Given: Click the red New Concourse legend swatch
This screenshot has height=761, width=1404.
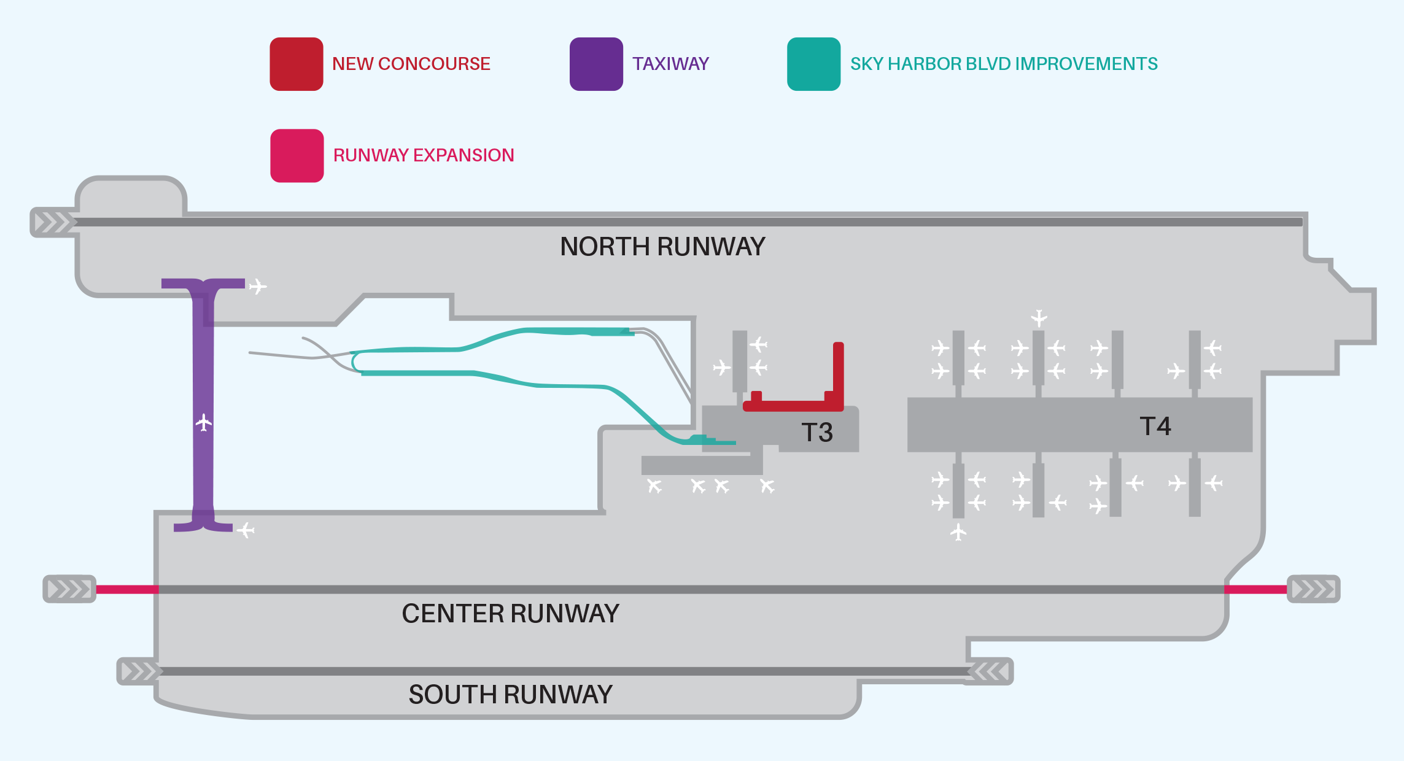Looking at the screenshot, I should [297, 64].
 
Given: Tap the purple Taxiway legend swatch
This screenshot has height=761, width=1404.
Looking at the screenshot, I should [596, 64].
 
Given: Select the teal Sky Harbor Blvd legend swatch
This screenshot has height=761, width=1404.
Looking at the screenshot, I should [813, 64].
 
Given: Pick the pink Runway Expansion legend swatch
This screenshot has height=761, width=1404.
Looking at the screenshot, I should [297, 156].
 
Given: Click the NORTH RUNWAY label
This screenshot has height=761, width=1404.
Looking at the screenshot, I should [662, 247].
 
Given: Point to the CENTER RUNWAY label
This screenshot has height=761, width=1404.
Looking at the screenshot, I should [510, 614].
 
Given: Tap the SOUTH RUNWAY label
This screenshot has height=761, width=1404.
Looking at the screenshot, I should [510, 695].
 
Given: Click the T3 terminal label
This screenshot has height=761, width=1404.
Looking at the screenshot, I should [816, 433].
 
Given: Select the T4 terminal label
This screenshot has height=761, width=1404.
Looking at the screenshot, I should [1155, 427].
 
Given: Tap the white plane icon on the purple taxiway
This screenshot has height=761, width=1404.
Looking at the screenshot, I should [204, 422].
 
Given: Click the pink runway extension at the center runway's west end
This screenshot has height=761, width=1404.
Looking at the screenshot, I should [126, 589].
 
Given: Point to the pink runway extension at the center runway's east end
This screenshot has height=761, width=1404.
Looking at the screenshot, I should [1255, 589].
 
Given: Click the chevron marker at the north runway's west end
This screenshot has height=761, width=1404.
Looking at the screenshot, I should [53, 222].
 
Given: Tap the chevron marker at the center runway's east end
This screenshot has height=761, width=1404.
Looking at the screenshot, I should [1313, 589].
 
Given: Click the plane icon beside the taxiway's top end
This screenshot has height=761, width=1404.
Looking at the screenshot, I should [258, 286].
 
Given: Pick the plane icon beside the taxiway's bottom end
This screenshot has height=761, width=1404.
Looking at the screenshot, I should [246, 530].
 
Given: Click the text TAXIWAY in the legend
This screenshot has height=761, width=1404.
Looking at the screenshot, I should [670, 64].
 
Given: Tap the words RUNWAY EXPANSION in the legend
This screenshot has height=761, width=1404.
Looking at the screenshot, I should [424, 155].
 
